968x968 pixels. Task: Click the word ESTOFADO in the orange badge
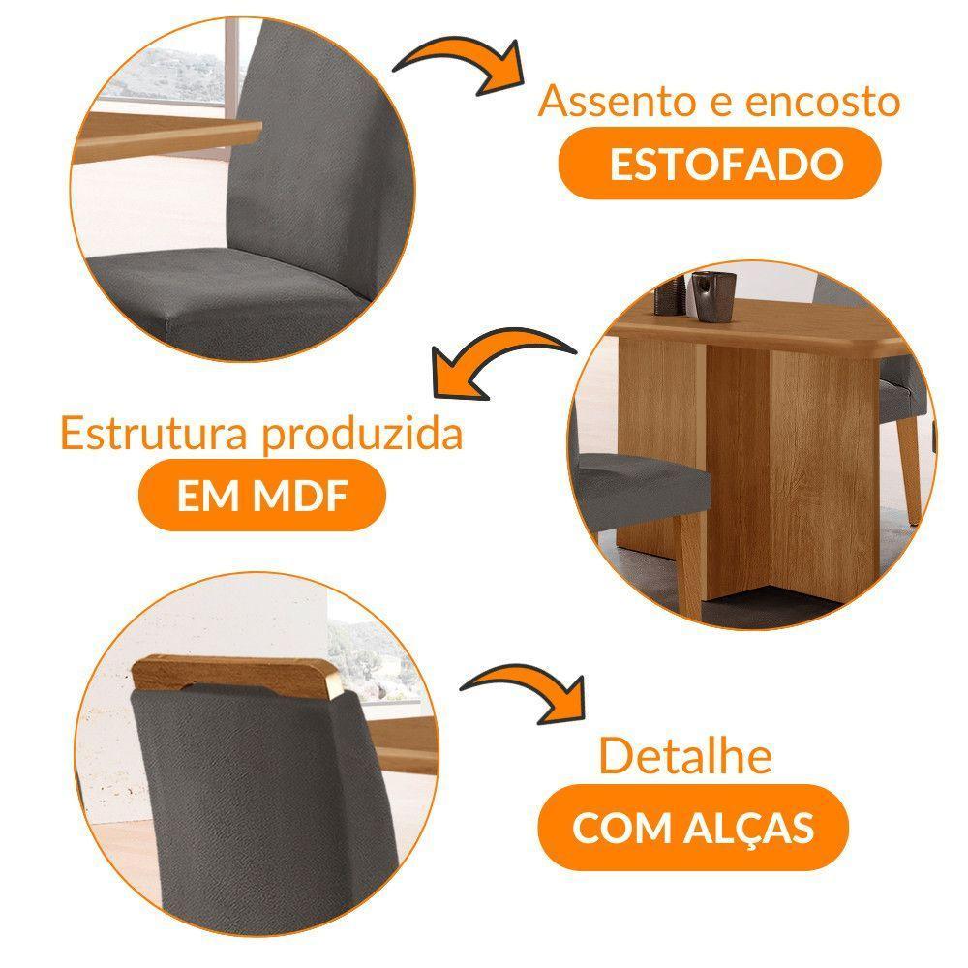tap(721, 166)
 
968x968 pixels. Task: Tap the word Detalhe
tap(685, 756)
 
